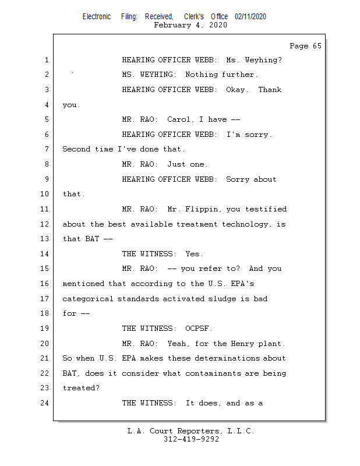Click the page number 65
[x=317, y=46]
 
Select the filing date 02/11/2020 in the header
[x=250, y=16]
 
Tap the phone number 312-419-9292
[x=191, y=439]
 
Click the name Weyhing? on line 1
[x=263, y=60]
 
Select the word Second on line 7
[x=76, y=149]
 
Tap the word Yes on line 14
[x=194, y=254]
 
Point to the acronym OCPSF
[x=198, y=329]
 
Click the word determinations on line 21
[x=227, y=358]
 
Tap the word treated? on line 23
[x=81, y=388]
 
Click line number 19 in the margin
[x=45, y=329]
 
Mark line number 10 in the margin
[x=45, y=194]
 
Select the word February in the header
[x=172, y=25]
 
